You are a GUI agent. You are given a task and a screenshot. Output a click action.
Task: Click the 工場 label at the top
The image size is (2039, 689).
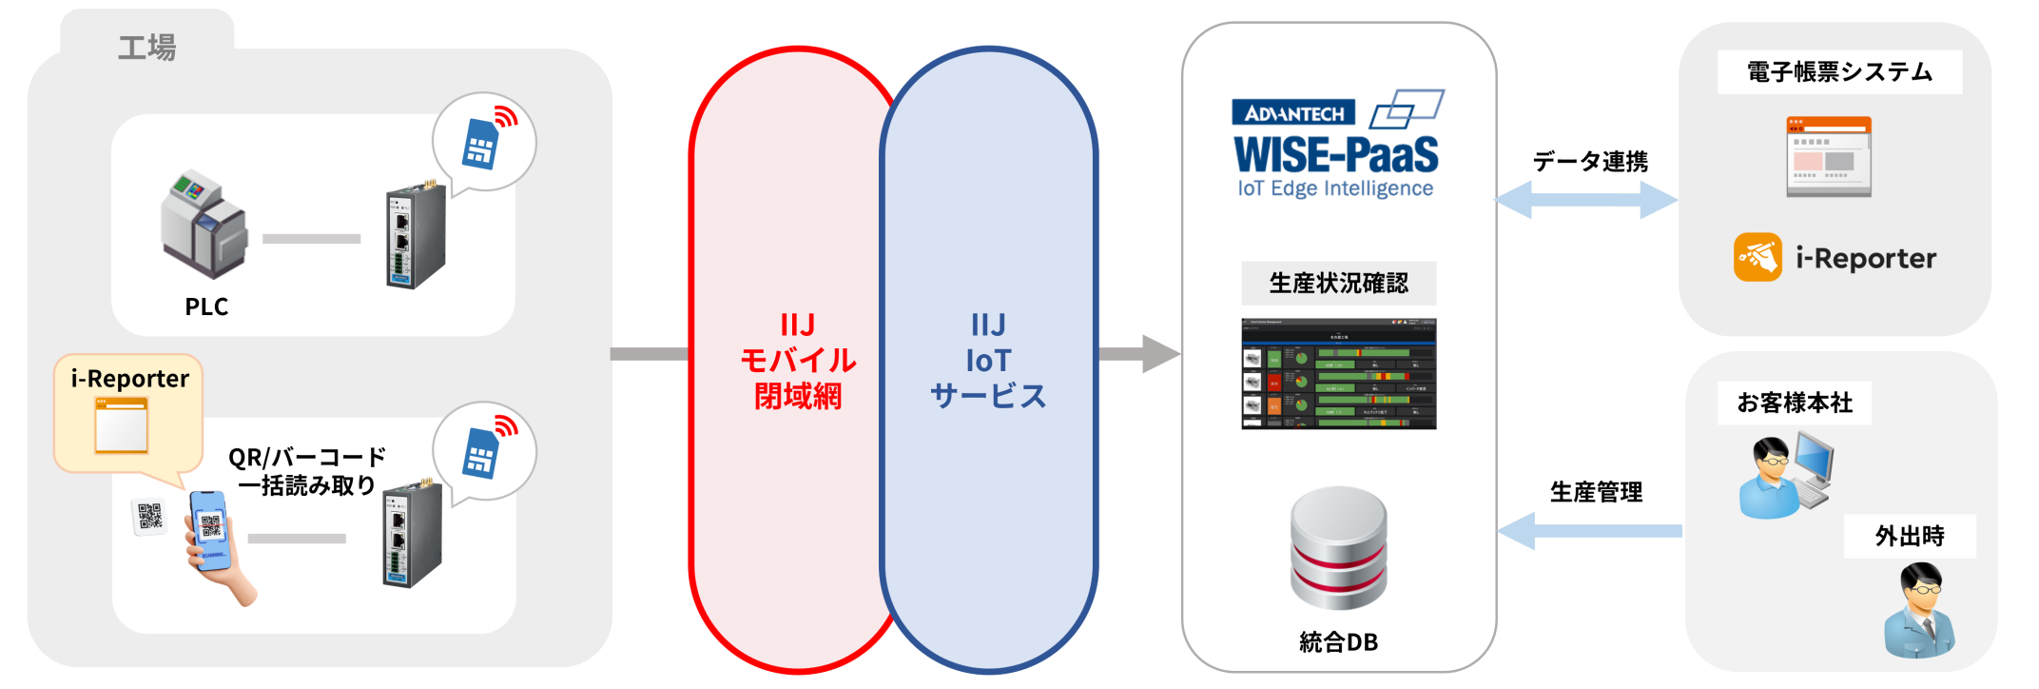(x=146, y=48)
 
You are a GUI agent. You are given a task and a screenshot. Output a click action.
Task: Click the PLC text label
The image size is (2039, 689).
(x=206, y=306)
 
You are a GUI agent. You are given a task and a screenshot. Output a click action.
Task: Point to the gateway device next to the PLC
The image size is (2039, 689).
(x=416, y=237)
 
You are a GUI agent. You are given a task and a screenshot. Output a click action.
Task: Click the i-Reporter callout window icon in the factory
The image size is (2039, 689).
(x=122, y=425)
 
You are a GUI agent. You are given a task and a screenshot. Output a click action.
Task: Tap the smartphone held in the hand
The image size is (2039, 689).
(x=210, y=528)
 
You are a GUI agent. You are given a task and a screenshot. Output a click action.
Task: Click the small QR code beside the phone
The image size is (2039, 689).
(x=149, y=516)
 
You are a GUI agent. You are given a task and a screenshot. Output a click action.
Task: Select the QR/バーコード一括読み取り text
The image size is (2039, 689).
(x=307, y=471)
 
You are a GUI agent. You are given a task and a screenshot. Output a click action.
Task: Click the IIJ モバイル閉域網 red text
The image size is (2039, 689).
(x=798, y=361)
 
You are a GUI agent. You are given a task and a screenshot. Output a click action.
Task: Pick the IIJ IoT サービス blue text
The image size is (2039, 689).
(x=988, y=361)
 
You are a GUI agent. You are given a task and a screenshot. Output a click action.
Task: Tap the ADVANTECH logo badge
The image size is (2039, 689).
(x=1293, y=113)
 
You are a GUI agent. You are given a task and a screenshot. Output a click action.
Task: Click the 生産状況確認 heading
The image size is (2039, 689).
(x=1338, y=283)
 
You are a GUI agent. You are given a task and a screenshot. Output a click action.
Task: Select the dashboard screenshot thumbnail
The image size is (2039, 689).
(x=1338, y=374)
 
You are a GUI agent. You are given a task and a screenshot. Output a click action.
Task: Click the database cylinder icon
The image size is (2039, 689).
(x=1338, y=549)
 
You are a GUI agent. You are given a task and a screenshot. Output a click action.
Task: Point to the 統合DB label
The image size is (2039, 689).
(x=1338, y=642)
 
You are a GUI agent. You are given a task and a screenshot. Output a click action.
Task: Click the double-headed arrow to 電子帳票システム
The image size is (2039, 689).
(x=1587, y=200)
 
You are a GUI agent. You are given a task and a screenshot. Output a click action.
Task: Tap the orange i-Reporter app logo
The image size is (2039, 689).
(x=1757, y=257)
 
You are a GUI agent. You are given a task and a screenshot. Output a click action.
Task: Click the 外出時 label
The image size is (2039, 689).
(x=1910, y=537)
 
